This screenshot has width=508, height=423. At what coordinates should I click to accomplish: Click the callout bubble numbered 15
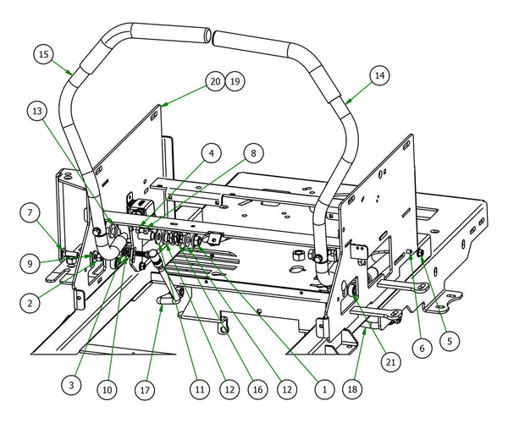pos(44,54)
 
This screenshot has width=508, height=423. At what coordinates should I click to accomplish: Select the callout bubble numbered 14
pos(378,74)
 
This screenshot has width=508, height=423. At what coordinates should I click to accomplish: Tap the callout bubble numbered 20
pos(213,81)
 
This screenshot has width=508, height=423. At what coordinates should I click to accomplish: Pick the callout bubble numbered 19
pos(235,81)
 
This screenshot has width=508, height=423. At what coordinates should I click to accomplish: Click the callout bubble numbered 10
pos(106,391)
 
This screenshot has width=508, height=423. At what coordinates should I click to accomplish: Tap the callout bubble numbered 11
pos(199,391)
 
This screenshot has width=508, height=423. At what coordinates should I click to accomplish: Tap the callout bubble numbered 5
pos(450,341)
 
